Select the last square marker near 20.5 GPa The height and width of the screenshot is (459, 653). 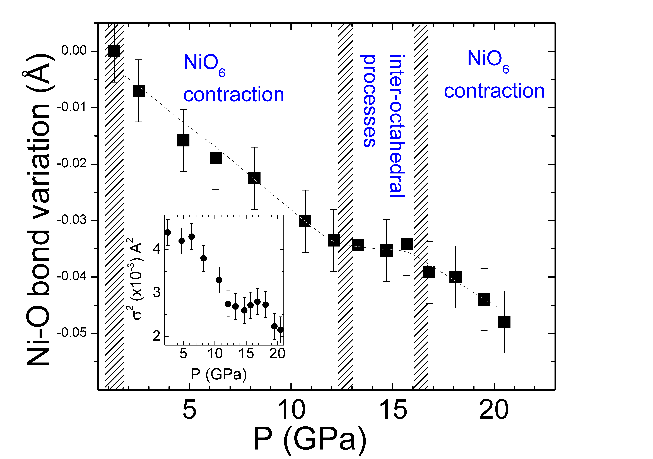coord(504,322)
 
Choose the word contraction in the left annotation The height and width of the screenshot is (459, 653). coord(233,95)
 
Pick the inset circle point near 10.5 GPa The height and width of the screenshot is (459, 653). coord(219,280)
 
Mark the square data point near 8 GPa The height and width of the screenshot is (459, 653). coord(254,178)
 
